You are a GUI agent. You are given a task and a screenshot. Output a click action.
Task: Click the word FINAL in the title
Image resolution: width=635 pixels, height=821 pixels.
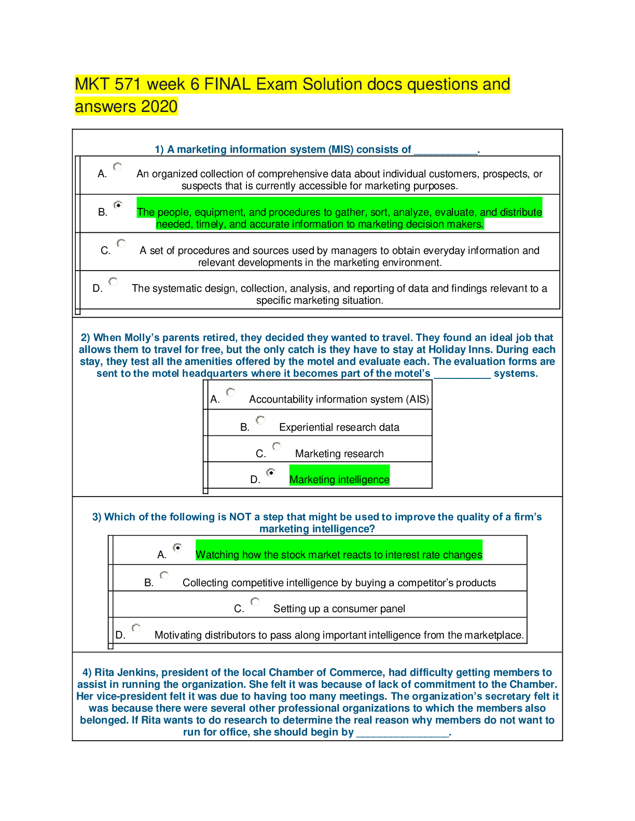pos(228,84)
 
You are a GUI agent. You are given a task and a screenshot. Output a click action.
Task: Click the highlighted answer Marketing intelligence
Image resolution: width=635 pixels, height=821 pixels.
pos(339,480)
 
